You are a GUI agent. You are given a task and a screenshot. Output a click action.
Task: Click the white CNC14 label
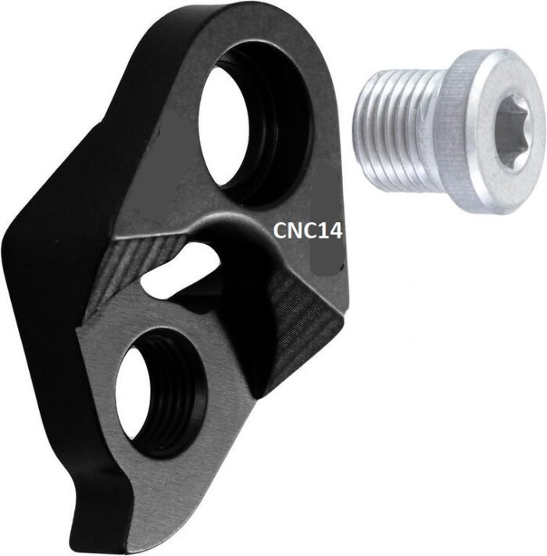click(x=307, y=230)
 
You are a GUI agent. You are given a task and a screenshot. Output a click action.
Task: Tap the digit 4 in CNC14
click(x=335, y=230)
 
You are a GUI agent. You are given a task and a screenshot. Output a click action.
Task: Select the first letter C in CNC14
click(x=280, y=230)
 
